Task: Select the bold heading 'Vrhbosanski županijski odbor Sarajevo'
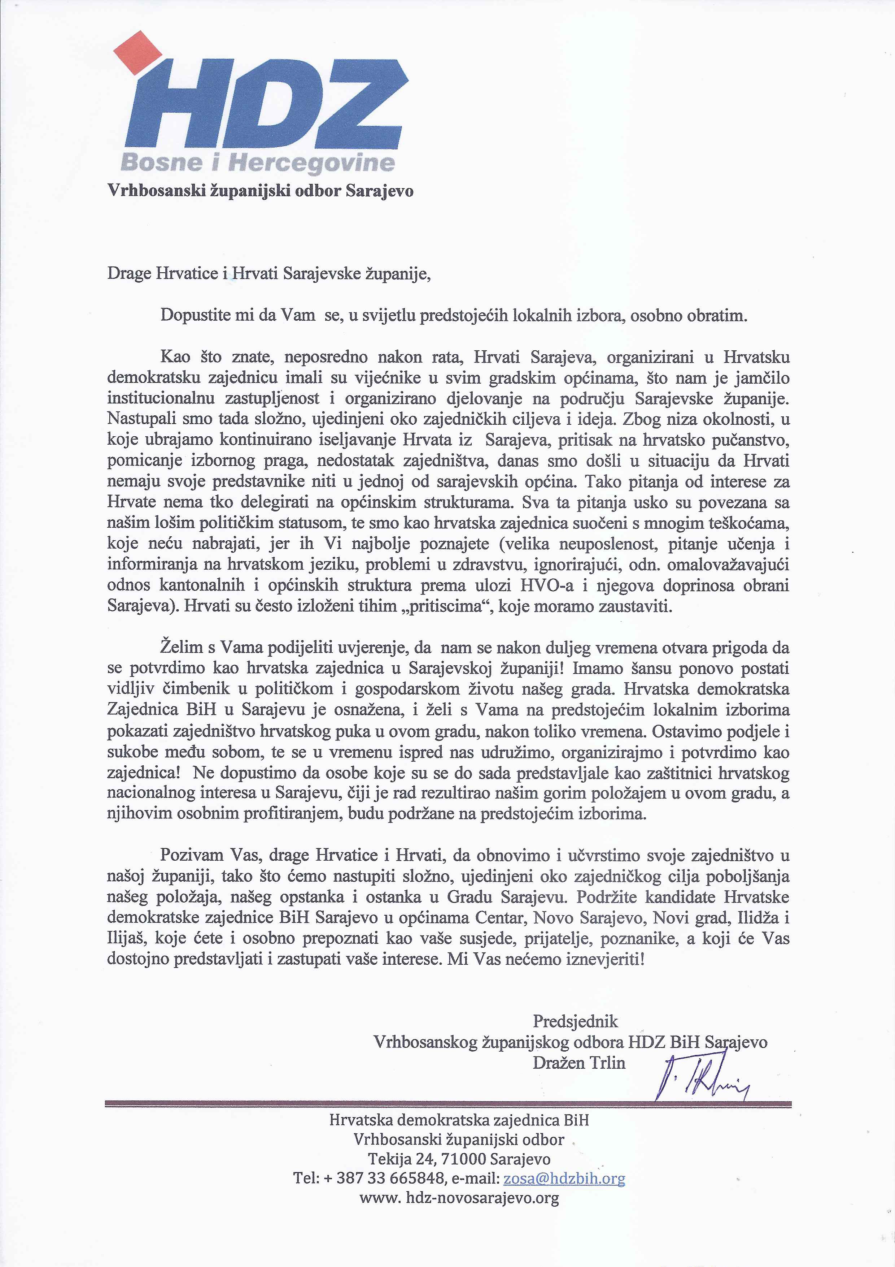tap(260, 191)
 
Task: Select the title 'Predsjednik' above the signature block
tap(576, 1021)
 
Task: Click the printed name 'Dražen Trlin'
tap(579, 1063)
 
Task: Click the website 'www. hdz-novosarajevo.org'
tap(459, 1198)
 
